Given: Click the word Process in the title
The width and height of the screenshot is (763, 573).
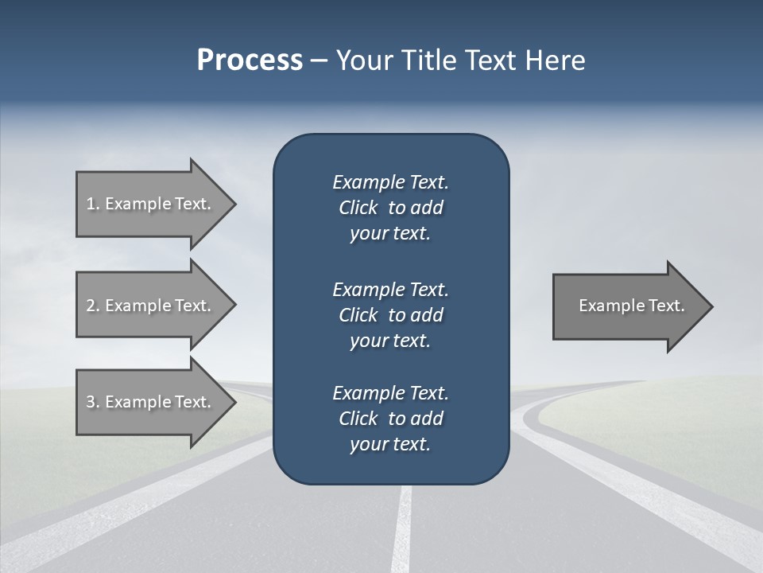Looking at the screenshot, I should (250, 60).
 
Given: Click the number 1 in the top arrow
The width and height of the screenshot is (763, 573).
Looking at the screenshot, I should (91, 204).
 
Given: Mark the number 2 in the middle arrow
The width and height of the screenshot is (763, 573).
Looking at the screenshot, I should (91, 306).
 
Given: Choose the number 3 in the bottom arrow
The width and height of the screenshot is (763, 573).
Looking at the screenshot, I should (91, 402).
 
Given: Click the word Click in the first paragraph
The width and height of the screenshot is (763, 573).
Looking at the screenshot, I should (358, 209).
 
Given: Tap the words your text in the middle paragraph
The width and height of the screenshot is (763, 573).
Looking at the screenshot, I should (389, 341).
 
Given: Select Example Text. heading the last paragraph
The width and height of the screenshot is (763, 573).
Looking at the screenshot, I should (390, 393).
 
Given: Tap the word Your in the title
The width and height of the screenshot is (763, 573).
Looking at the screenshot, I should (358, 60).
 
